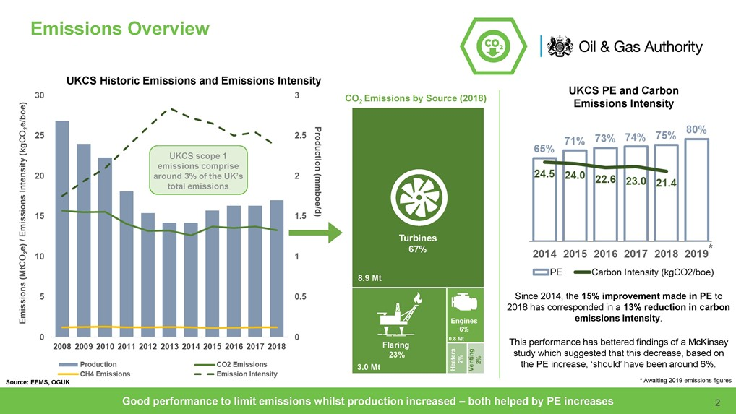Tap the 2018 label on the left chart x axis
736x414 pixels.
coord(275,347)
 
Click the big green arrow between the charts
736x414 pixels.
coord(313,233)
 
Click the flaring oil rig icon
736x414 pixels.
coord(395,316)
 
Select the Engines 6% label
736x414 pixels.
coord(463,324)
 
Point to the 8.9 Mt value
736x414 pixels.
coord(371,277)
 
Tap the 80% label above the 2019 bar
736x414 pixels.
coord(696,129)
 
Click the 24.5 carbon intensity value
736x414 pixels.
coord(545,174)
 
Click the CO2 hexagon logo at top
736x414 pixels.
coord(492,44)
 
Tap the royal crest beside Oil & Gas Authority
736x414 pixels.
coord(561,46)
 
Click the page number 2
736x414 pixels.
coord(717,402)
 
